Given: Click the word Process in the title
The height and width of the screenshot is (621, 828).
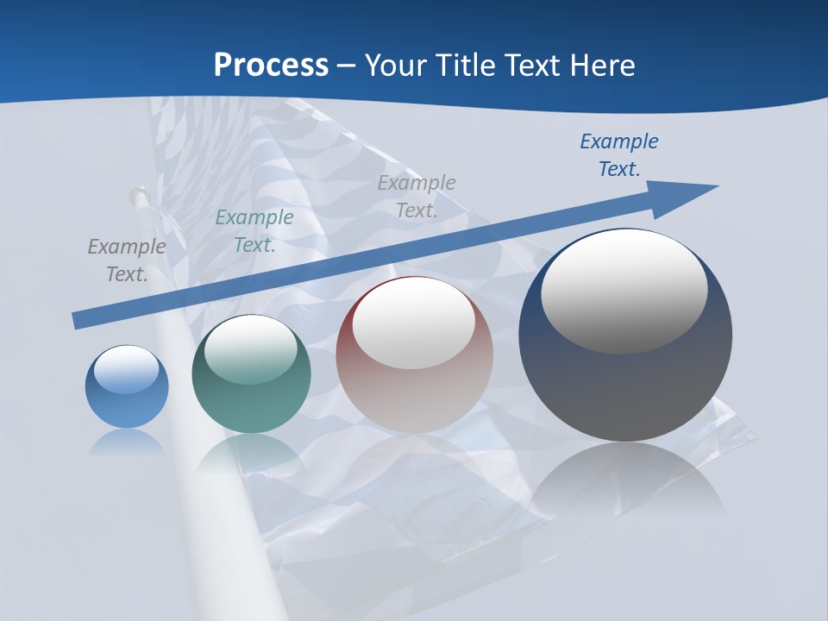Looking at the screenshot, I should click(271, 65).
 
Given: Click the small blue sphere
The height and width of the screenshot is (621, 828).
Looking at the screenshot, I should click(127, 386).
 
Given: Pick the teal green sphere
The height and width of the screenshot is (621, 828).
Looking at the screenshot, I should click(251, 374).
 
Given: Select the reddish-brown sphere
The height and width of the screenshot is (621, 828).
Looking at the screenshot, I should click(414, 354).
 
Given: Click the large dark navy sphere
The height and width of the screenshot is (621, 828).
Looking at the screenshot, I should click(625, 336).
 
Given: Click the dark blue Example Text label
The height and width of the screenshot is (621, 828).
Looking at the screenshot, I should click(619, 155).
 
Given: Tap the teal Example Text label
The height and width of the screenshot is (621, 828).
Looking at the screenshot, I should click(254, 231).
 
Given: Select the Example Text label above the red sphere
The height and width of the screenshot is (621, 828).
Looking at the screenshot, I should click(417, 197).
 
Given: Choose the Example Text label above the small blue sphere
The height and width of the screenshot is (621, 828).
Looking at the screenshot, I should click(127, 260).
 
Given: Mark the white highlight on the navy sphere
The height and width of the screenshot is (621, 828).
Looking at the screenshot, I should click(624, 292).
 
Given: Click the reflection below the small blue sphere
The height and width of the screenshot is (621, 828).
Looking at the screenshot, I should click(127, 442).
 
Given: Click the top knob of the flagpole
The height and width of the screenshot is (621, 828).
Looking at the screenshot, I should click(136, 195).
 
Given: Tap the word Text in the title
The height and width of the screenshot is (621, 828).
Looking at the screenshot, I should click(536, 65).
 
